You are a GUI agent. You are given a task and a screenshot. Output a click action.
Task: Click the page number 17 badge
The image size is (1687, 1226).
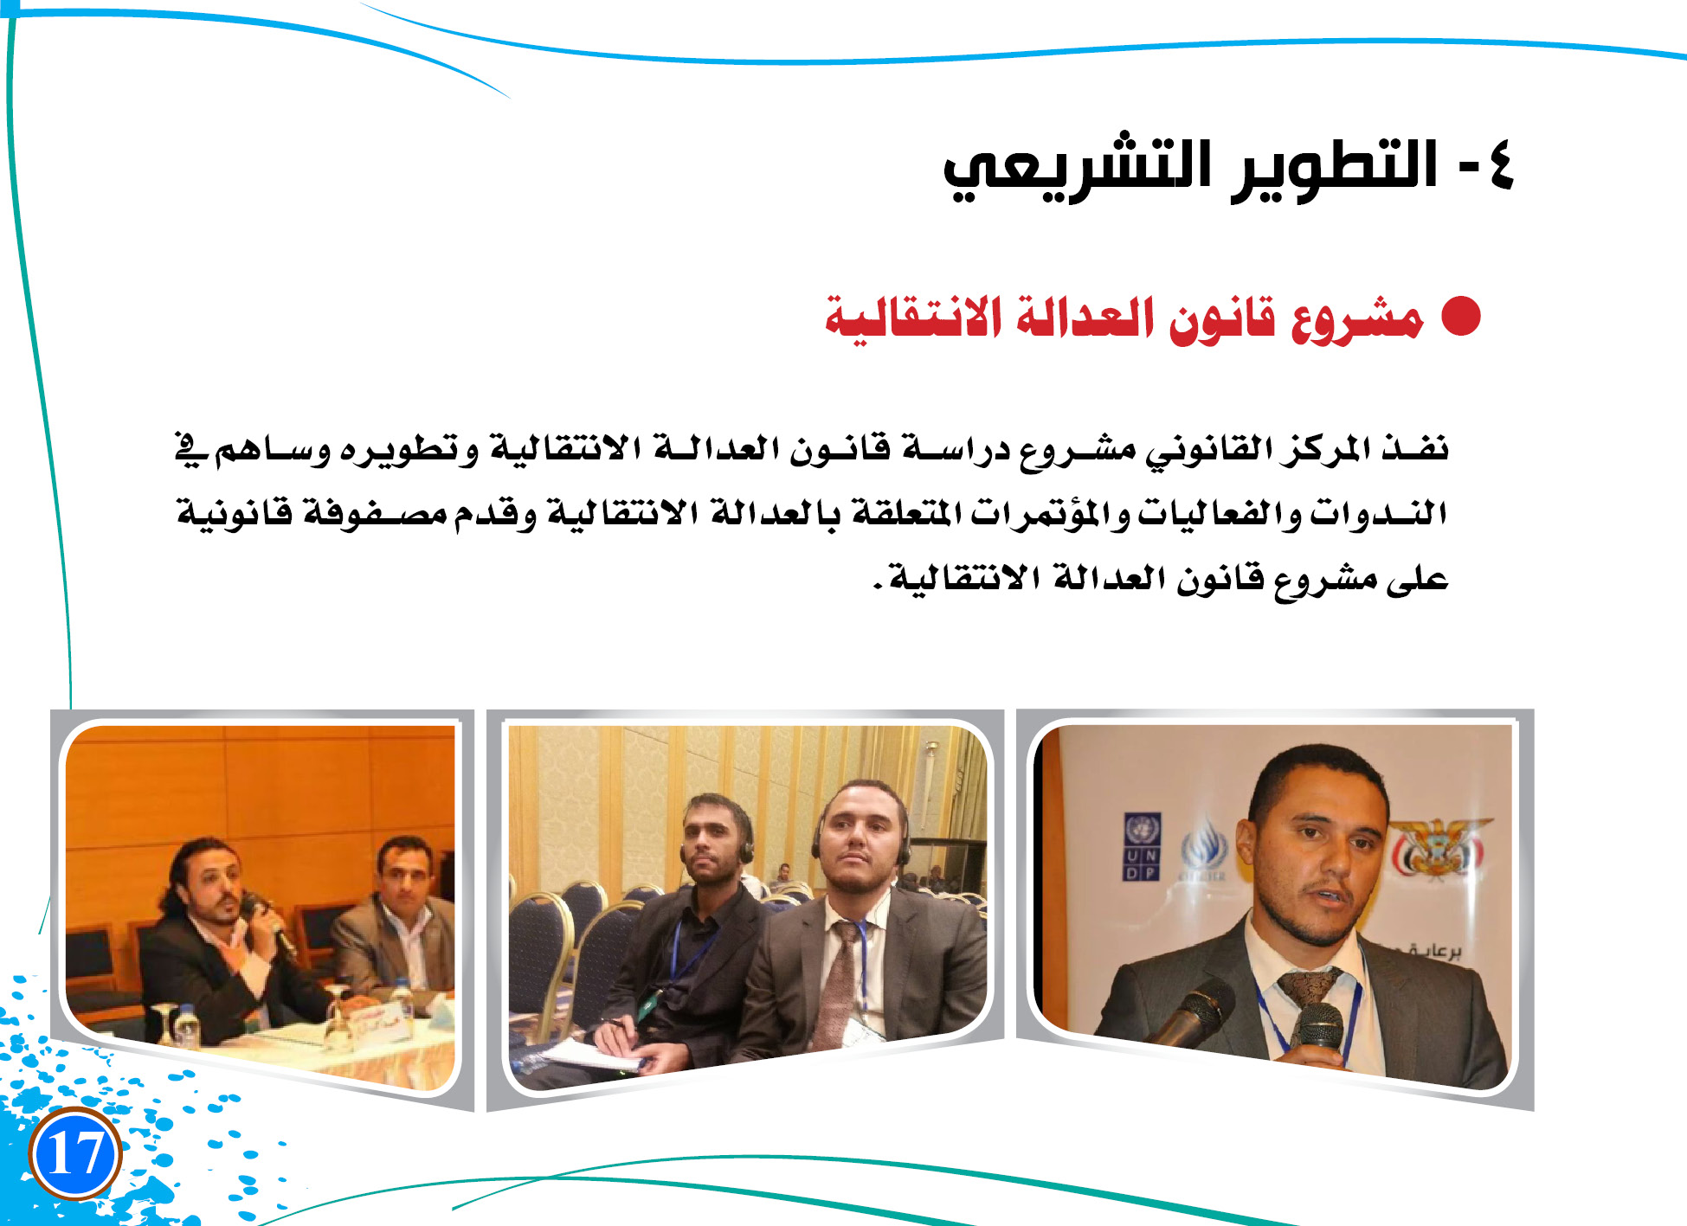pos(74,1152)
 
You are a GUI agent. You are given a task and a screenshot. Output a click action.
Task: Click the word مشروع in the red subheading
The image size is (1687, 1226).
pos(1357,319)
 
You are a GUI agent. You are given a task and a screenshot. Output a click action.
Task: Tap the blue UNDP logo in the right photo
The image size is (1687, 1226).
pos(1142,847)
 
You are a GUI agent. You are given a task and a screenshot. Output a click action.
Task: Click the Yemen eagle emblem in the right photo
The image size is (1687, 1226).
pos(1438,848)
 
